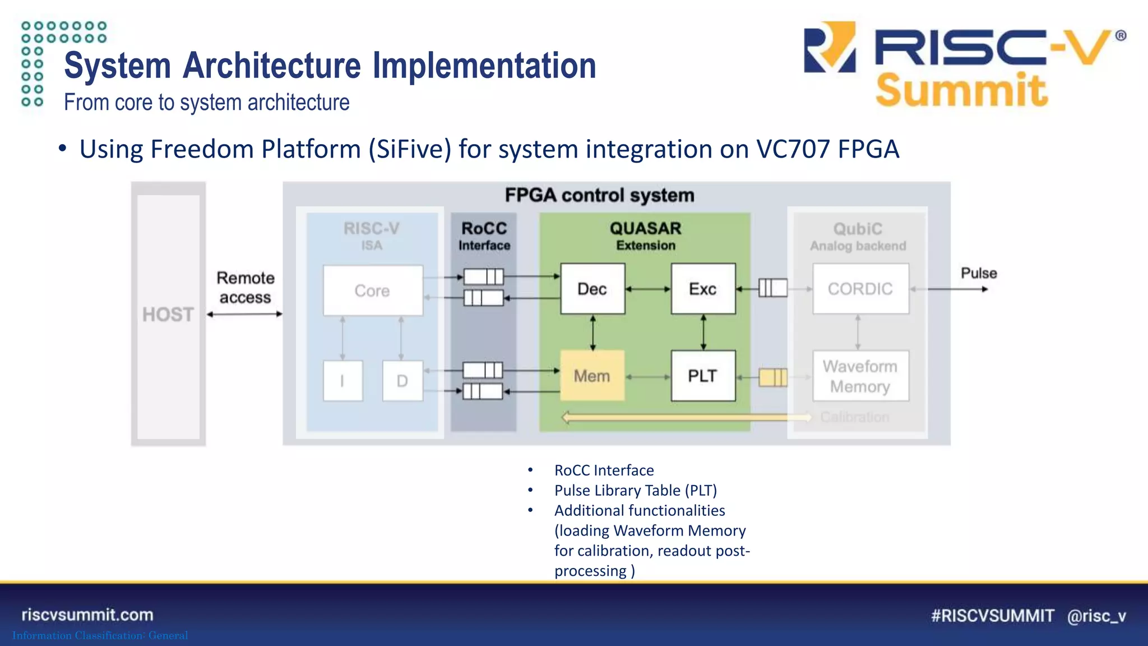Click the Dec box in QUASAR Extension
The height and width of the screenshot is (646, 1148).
(592, 289)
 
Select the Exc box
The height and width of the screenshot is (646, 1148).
(703, 289)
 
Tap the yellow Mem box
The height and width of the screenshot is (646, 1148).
(592, 376)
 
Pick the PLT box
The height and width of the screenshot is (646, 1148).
(703, 376)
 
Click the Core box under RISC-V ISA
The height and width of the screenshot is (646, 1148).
(373, 290)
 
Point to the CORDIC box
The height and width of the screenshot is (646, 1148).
(860, 289)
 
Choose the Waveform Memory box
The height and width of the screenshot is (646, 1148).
(860, 376)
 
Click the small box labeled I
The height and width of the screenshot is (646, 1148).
(342, 381)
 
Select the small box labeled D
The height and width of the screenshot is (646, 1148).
(402, 381)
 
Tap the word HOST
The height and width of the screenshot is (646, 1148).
(168, 315)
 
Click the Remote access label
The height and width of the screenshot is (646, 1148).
(246, 288)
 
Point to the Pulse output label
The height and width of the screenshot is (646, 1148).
(979, 273)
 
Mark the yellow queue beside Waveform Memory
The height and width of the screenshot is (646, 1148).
(773, 377)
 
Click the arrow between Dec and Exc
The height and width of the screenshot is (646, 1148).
(648, 289)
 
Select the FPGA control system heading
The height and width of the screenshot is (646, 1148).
(599, 195)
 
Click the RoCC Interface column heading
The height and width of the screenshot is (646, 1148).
(484, 236)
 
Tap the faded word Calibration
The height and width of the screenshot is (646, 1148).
(855, 417)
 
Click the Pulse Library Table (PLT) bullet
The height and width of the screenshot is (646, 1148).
(635, 491)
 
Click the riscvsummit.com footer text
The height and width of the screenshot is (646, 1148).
(87, 615)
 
